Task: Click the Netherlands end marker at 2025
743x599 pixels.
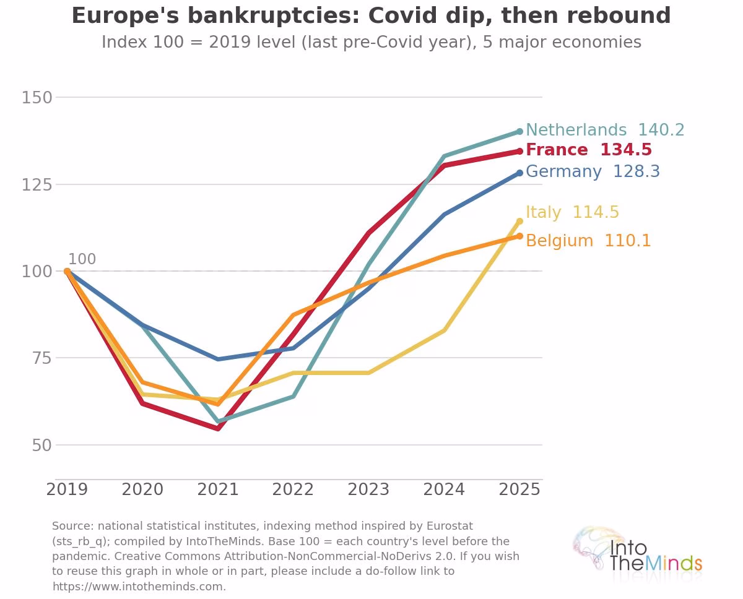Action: click(x=519, y=131)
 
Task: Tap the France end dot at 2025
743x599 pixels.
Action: click(x=519, y=152)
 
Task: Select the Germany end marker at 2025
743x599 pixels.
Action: click(x=519, y=173)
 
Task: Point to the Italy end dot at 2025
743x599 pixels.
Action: click(x=519, y=221)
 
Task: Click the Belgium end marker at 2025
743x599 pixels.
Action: click(x=519, y=236)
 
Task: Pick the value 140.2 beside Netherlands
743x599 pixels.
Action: click(x=661, y=130)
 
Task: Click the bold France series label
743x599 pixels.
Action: click(x=557, y=150)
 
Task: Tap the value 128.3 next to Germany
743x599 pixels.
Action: click(x=637, y=171)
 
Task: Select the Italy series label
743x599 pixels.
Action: click(x=543, y=212)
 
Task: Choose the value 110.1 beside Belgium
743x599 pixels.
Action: click(x=628, y=241)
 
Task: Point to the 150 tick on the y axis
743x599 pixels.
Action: click(x=37, y=98)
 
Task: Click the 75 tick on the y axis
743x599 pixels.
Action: click(x=41, y=358)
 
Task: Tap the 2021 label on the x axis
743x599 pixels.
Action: click(x=218, y=489)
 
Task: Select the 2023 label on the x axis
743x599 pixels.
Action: click(x=368, y=489)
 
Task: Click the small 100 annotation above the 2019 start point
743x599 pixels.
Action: click(x=82, y=259)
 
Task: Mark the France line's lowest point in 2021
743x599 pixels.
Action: click(x=218, y=428)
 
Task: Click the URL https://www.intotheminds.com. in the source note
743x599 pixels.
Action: click(x=139, y=586)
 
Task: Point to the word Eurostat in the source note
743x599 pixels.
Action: click(x=450, y=526)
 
